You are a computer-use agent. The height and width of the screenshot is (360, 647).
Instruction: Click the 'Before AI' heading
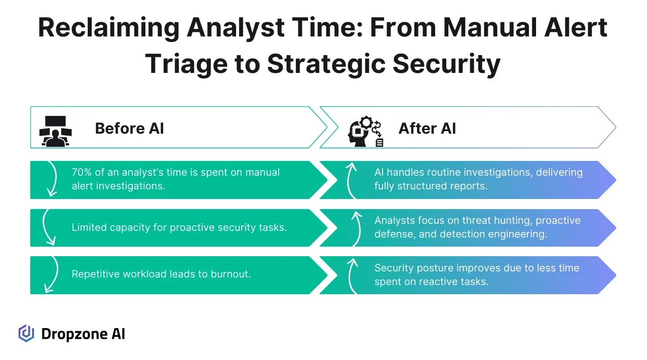(129, 128)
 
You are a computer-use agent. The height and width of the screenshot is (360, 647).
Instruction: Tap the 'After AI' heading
(427, 128)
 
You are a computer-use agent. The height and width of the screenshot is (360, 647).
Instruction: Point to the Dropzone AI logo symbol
(26, 333)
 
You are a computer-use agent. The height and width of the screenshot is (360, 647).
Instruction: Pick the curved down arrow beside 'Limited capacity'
(49, 227)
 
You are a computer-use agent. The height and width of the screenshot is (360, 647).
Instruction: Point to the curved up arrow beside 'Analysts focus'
(355, 227)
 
